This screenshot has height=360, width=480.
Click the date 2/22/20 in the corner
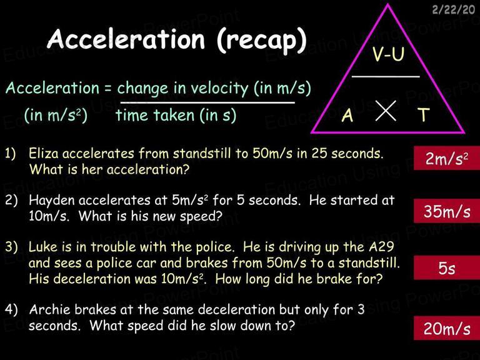point(454,9)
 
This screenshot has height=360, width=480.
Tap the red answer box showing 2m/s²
point(447,158)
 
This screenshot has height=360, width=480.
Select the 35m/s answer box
point(447,211)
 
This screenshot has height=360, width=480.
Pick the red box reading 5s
point(447,268)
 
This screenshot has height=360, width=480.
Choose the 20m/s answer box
point(447,329)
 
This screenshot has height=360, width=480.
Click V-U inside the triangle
point(388,54)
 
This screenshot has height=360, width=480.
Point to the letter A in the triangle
point(347,116)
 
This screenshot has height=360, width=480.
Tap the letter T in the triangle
point(424,114)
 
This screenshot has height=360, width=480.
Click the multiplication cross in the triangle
point(386,111)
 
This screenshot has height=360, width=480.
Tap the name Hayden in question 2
point(52,201)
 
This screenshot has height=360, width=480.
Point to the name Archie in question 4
point(49,309)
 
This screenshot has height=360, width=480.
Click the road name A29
point(381,246)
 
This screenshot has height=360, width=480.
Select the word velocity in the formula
point(219,89)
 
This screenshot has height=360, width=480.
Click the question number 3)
point(11,247)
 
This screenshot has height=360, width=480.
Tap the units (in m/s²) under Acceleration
point(56,116)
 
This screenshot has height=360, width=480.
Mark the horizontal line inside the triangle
point(386,76)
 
